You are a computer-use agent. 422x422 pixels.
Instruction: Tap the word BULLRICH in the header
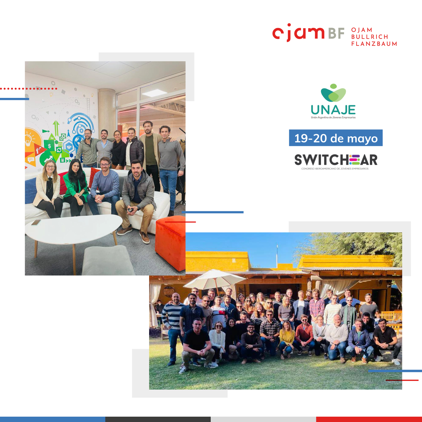pyautogui.click(x=370, y=37)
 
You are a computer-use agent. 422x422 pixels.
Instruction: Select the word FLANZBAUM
pyautogui.click(x=374, y=44)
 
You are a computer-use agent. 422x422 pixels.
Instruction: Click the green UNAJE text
pyautogui.click(x=333, y=109)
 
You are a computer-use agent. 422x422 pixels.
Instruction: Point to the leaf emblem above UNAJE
pyautogui.click(x=333, y=93)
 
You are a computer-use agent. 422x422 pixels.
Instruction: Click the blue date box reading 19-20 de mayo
pyautogui.click(x=336, y=138)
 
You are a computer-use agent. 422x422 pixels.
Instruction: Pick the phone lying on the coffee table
pyautogui.click(x=36, y=222)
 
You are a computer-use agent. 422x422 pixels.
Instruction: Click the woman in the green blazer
pyautogui.click(x=75, y=187)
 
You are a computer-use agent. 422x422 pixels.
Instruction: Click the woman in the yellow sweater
pyautogui.click(x=287, y=340)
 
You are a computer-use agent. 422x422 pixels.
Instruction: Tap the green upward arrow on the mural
pyautogui.click(x=56, y=128)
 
